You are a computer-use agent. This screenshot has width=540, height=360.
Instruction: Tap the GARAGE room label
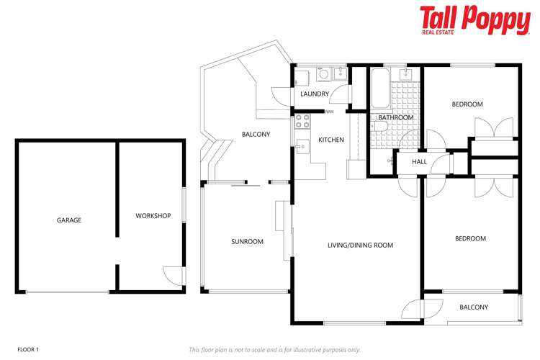pos(69,220)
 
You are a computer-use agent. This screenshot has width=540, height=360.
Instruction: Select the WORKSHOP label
pos(153,216)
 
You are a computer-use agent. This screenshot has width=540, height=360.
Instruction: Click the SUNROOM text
pos(247,242)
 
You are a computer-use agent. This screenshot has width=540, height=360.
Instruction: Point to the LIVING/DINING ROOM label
pos(360,246)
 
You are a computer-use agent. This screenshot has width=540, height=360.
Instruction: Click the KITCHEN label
pos(331,140)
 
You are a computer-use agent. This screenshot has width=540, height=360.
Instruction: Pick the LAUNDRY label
pos(315,94)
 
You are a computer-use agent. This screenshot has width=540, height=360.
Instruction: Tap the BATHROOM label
pos(396,117)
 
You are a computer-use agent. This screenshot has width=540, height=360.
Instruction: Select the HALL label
pos(419,162)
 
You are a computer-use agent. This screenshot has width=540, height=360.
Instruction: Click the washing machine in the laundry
pos(323,73)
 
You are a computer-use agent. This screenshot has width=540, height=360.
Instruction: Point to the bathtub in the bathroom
pos(379,90)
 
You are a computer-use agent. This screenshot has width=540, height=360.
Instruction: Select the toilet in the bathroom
pos(382,127)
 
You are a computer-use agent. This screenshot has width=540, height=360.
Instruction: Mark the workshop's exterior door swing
pos(173,275)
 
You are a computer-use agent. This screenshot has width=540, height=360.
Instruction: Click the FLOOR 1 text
pos(27,349)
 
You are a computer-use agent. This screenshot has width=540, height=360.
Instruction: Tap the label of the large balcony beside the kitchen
pos(256,134)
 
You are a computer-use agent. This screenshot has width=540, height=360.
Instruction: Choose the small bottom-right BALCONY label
pos(473,307)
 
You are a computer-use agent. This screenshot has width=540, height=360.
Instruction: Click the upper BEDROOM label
pos(467,104)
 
